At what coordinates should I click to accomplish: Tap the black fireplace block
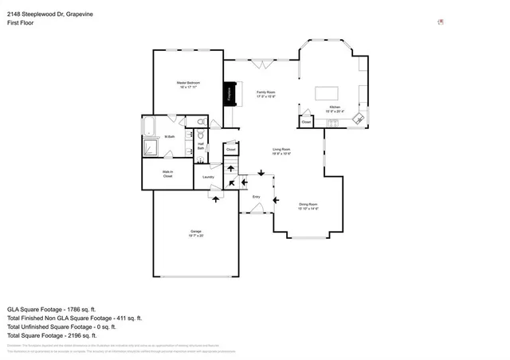[x=230, y=93]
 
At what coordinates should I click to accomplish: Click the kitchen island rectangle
[x=328, y=91]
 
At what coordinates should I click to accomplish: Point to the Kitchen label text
[x=335, y=108]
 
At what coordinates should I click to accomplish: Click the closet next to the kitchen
[x=307, y=122]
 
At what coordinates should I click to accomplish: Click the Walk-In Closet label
[x=168, y=174]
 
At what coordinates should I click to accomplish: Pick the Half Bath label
[x=201, y=147]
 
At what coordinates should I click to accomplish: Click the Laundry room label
[x=208, y=177]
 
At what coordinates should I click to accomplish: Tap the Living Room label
[x=280, y=151]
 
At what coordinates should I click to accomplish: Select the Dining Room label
[x=308, y=206]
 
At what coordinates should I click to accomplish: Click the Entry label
[x=256, y=196]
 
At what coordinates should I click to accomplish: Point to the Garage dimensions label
[x=196, y=233]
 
